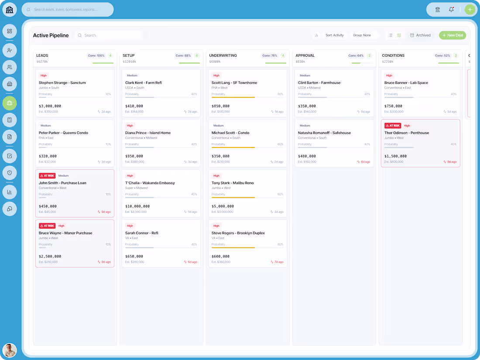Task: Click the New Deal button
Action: pos(453,35)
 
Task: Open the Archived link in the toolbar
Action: pos(420,35)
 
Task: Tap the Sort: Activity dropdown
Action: pos(335,35)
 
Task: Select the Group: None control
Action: pos(362,35)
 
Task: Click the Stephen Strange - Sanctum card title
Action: pos(62,82)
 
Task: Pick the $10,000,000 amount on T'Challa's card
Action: pos(137,206)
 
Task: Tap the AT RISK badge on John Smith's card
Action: pos(47,176)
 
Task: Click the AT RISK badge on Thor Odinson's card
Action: pos(393,126)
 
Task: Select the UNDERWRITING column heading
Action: pos(223,55)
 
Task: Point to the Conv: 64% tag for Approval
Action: pos(356,55)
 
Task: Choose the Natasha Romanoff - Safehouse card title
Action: pos(324,133)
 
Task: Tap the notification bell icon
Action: pos(451,10)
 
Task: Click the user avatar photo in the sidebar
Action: pos(10,350)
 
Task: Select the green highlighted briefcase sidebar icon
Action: pos(10,103)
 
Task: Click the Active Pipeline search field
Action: pos(109,35)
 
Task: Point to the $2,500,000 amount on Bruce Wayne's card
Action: pos(50,257)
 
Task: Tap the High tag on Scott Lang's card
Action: pos(216,75)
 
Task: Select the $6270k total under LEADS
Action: pos(42,62)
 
